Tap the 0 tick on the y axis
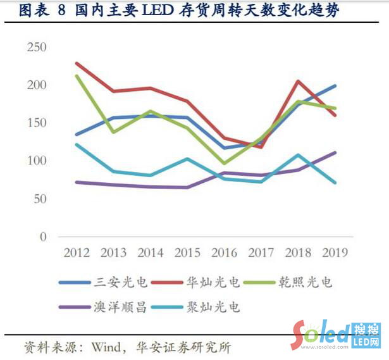(43, 237)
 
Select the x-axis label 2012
(77, 252)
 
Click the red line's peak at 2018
(298, 81)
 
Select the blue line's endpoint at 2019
(335, 85)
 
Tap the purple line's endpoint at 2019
(335, 152)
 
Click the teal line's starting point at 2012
(77, 144)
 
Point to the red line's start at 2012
(77, 63)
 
